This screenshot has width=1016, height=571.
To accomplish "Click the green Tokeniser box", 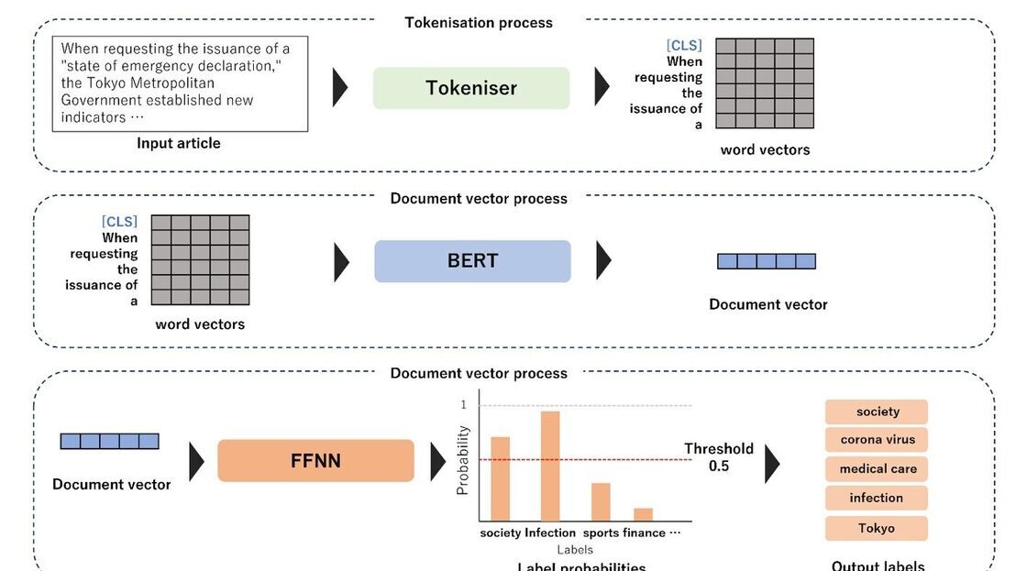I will (470, 88).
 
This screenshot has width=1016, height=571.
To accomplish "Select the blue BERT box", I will (472, 260).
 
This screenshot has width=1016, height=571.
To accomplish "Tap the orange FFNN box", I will (315, 460).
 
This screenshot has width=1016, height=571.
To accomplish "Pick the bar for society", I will (500, 478).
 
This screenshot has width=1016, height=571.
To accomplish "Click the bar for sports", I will (601, 501).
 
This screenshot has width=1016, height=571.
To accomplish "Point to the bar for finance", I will (643, 514).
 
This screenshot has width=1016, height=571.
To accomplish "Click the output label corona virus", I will (877, 440).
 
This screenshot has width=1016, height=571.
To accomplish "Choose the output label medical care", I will (877, 469).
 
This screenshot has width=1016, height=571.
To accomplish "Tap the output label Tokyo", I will (877, 528).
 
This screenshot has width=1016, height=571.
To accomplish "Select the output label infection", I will (877, 499).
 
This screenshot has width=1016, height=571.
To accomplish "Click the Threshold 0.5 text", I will (719, 456).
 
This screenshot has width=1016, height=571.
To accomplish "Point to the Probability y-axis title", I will (463, 460).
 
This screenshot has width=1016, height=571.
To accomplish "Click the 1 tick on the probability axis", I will (464, 404).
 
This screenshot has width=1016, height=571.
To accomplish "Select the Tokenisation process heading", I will (479, 22).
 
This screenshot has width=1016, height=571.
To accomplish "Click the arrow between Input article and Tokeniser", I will (340, 88).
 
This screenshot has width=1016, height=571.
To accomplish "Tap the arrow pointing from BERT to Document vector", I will (603, 260).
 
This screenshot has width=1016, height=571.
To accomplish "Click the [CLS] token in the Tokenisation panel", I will (684, 45).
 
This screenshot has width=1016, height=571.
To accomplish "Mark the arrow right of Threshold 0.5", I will (772, 464).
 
